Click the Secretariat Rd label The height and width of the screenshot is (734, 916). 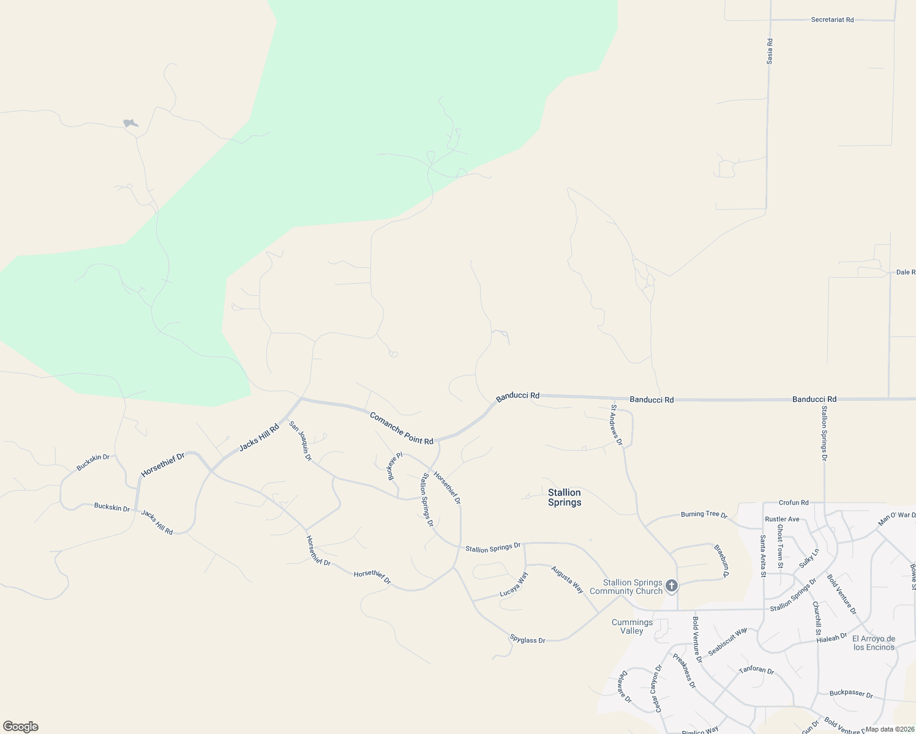832,20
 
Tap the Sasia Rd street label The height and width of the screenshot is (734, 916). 770,51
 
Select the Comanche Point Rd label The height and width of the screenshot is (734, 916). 401,428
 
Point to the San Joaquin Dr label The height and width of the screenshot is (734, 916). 301,440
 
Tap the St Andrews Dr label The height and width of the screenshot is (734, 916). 617,424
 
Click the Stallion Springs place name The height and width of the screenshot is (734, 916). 564,497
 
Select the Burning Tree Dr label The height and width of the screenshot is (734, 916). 704,514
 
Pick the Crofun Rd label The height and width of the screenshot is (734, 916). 794,503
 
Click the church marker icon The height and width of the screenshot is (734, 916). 672,586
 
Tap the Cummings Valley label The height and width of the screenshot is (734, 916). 632,626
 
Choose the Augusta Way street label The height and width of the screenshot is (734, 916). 567,579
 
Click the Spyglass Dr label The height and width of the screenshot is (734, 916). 527,640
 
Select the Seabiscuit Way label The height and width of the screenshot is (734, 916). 727,642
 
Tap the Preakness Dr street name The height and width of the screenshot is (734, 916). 684,671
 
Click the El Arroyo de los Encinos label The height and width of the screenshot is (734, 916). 874,643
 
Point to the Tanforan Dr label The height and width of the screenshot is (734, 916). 756,670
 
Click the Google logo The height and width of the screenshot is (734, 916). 20,727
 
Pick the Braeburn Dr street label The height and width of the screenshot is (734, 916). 723,562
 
